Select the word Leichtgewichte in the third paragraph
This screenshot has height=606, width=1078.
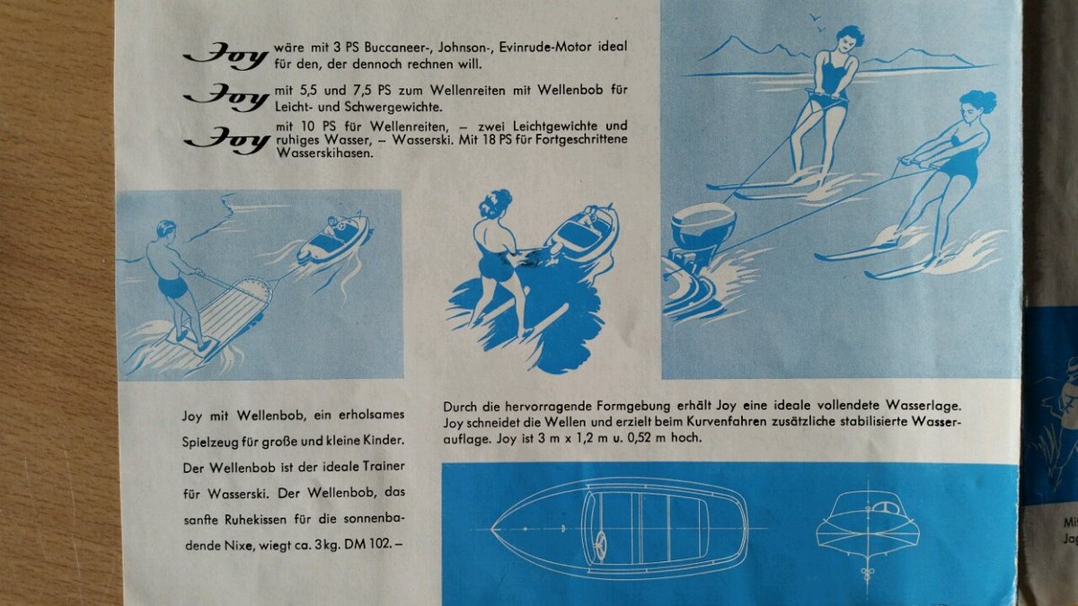tap(555, 127)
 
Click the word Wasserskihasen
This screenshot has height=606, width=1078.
tap(325, 154)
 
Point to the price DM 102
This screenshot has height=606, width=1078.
tap(369, 546)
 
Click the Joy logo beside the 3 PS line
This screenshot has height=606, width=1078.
tap(225, 57)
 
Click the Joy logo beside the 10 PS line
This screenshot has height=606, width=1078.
tap(226, 140)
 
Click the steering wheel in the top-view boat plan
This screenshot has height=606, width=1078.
tap(601, 547)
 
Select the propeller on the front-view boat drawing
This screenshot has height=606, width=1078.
tap(867, 574)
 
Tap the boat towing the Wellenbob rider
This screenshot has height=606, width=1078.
tap(334, 239)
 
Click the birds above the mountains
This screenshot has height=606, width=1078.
tap(817, 22)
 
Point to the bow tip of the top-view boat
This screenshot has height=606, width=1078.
tap(493, 529)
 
